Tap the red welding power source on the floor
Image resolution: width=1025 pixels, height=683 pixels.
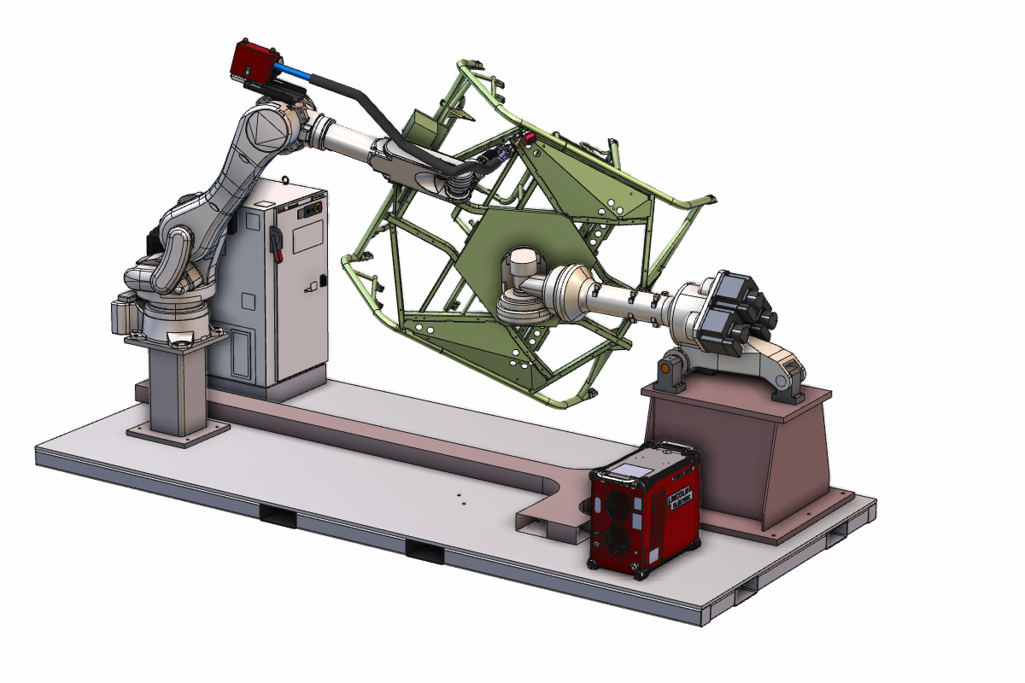[645, 512]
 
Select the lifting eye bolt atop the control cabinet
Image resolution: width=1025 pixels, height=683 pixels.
[282, 180]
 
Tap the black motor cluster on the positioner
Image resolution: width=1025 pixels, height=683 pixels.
[735, 312]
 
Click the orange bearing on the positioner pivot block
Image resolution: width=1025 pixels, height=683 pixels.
[664, 367]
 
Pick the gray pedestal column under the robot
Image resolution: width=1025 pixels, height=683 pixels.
[177, 388]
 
